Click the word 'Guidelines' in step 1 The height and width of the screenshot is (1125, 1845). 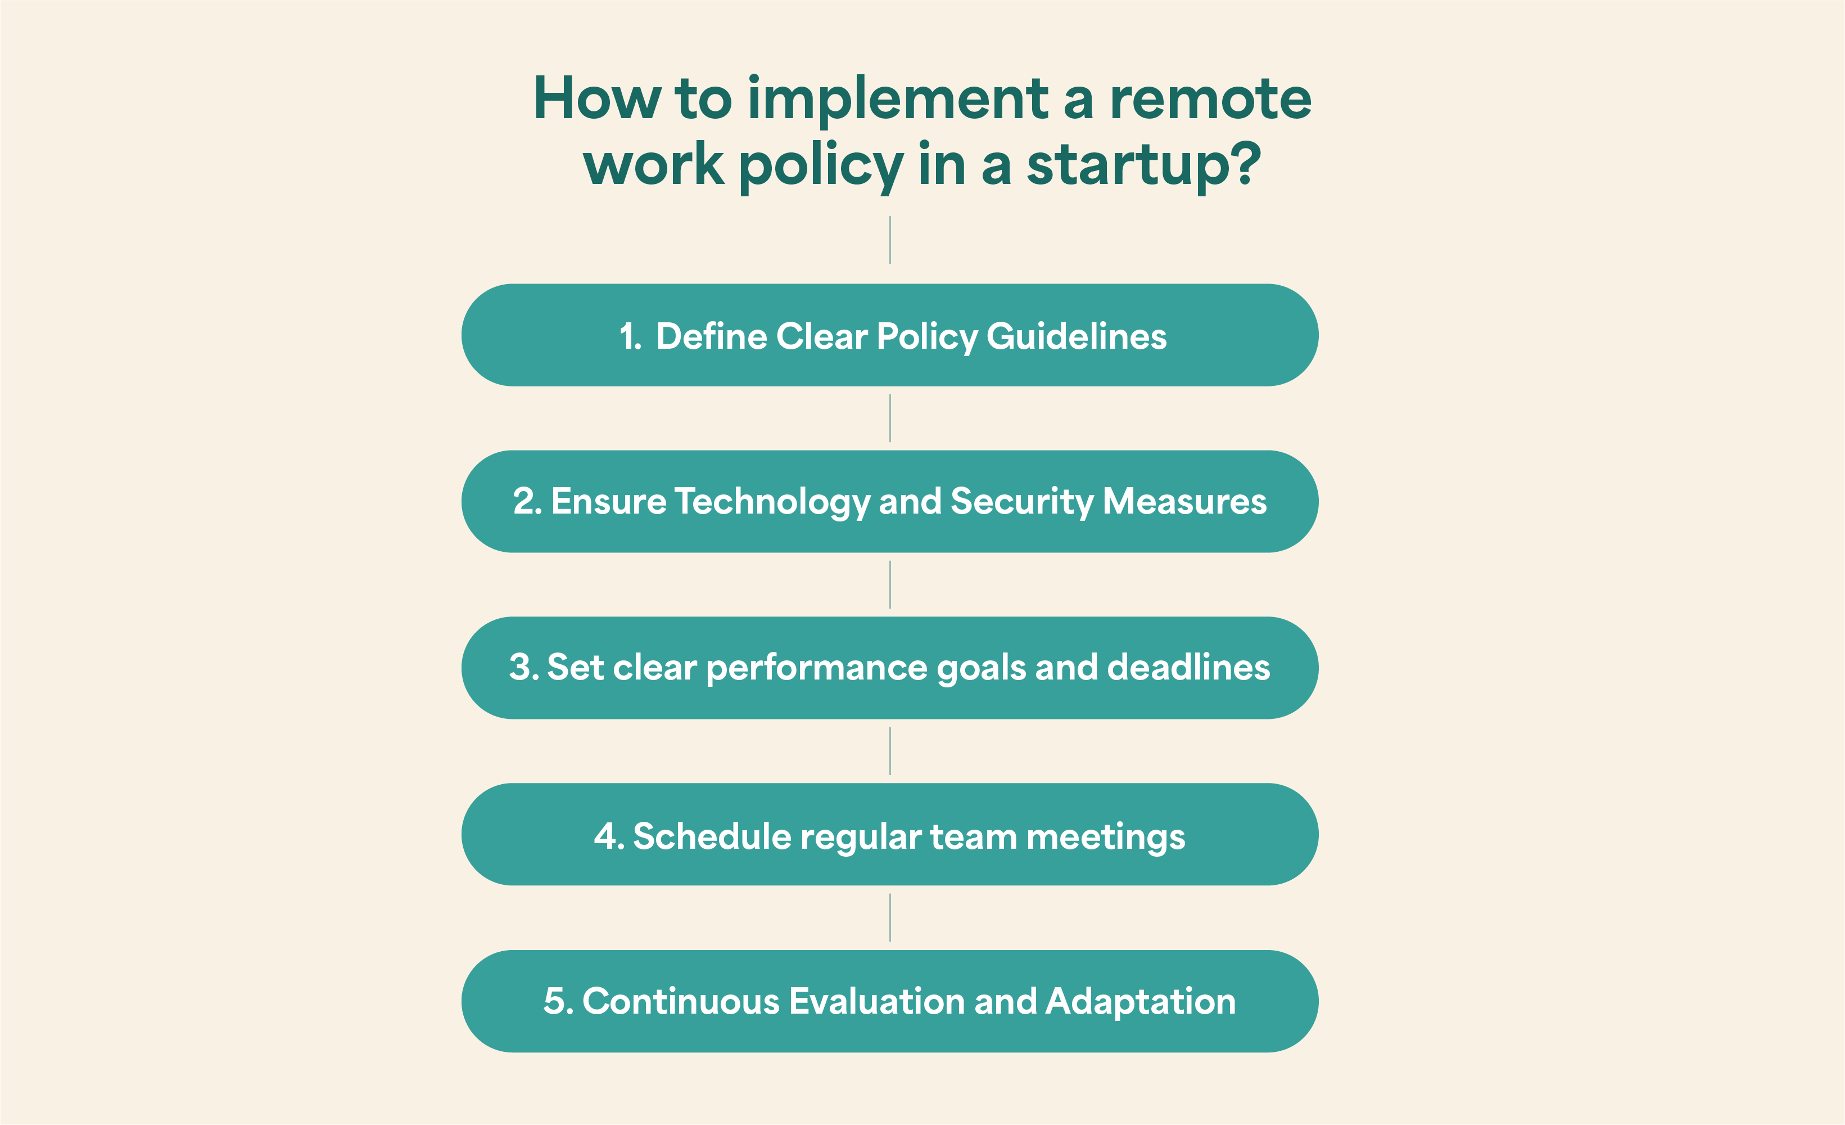1077,336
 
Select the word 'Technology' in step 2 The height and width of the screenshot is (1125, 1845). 772,502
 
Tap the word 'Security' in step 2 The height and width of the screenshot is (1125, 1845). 1022,502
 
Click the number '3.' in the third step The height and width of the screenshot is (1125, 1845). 524,667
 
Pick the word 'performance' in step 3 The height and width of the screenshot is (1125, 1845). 817,669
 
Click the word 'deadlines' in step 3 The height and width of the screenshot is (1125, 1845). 1189,667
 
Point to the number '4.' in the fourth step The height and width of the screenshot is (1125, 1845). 609,836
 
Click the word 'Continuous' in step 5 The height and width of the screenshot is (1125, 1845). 681,1001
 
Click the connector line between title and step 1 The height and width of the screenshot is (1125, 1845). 889,240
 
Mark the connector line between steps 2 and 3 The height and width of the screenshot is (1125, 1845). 889,585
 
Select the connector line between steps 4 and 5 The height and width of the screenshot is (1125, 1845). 889,917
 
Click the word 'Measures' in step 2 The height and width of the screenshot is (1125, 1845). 1184,502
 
